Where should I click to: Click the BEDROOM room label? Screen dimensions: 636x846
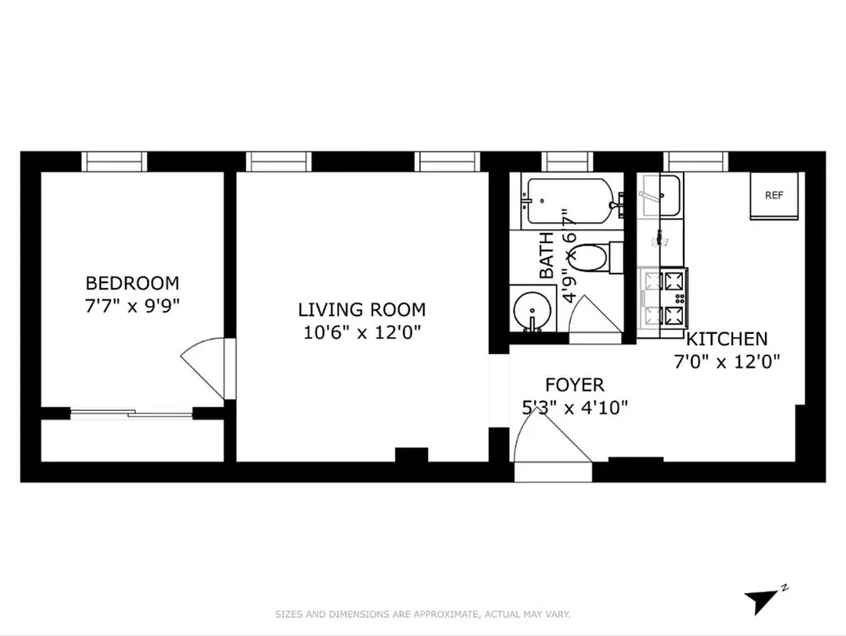click(x=132, y=283)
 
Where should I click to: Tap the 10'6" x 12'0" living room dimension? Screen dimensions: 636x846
click(x=362, y=332)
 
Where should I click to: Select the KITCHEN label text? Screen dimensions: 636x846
click(x=727, y=339)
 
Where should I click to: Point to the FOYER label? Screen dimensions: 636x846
click(x=574, y=386)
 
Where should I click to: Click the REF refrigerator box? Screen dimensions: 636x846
click(x=774, y=196)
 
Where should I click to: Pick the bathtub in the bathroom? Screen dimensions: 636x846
click(x=570, y=200)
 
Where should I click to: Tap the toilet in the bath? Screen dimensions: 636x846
click(x=592, y=258)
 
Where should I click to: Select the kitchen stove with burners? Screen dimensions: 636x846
click(x=663, y=298)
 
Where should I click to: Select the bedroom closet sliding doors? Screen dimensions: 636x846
click(x=132, y=413)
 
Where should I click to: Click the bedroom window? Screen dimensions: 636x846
click(x=116, y=161)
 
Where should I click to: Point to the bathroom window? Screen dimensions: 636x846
click(x=568, y=161)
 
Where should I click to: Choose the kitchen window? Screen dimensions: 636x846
click(x=696, y=161)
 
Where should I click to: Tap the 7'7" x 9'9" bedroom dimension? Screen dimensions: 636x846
click(x=132, y=306)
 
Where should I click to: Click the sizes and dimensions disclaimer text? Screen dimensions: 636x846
click(x=423, y=615)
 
